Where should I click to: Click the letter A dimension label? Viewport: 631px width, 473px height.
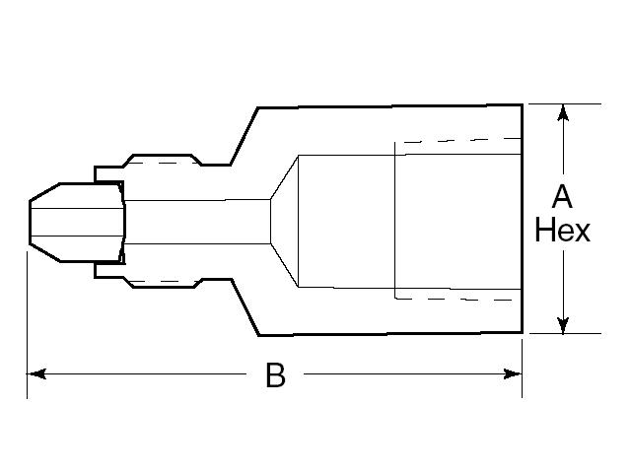click(562, 194)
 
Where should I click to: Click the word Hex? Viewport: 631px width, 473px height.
click(562, 231)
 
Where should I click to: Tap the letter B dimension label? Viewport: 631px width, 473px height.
click(276, 375)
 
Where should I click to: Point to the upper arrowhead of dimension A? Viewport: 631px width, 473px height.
click(563, 111)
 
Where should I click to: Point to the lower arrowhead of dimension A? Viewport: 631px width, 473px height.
click(563, 325)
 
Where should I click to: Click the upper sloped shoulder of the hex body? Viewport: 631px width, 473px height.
click(243, 133)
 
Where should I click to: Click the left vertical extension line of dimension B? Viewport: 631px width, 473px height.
click(27, 315)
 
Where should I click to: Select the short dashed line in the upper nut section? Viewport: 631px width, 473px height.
click(172, 161)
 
